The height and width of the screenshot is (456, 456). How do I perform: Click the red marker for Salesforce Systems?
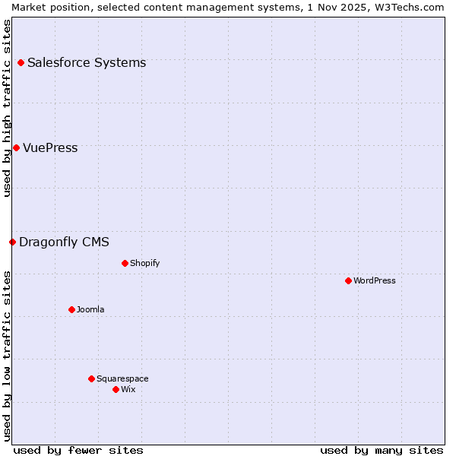click(21, 62)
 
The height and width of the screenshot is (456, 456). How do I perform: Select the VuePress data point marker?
click(16, 147)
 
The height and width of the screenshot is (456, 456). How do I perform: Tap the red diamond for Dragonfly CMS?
click(12, 242)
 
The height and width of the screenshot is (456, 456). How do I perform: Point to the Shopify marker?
click(125, 263)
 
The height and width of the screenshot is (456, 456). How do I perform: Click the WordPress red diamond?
click(348, 280)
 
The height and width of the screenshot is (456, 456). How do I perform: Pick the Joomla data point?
click(71, 309)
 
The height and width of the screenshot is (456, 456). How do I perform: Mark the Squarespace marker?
click(91, 378)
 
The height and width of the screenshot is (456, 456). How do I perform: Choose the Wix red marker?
click(116, 389)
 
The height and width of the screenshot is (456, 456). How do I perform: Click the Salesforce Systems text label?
click(87, 62)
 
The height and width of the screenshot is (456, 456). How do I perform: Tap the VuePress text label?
click(50, 147)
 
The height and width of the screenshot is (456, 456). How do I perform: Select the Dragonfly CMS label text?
click(64, 242)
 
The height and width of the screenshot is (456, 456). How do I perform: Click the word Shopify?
click(144, 263)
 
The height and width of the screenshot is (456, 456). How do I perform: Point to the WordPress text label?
click(374, 280)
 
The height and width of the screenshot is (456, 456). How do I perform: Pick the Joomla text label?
click(90, 309)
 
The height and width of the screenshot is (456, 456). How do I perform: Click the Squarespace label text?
click(122, 378)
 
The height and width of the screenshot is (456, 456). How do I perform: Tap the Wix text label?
click(128, 389)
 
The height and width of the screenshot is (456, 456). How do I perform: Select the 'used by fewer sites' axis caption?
click(78, 450)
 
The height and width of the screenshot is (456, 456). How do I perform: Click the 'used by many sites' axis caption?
click(382, 450)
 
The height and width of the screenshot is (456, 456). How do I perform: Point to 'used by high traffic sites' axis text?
click(7, 108)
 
